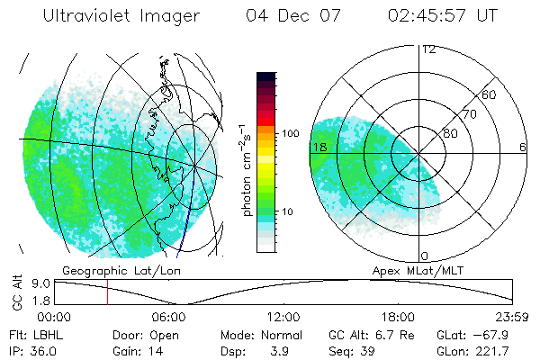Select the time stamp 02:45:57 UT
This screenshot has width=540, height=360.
(442, 16)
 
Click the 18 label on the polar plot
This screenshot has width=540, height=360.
(318, 147)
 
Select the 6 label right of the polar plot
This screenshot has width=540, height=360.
(523, 147)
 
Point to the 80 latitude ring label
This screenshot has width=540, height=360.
(450, 133)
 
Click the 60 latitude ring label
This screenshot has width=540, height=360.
(490, 94)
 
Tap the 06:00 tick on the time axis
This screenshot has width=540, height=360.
(169, 317)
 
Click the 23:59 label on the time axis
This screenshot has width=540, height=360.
(512, 317)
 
